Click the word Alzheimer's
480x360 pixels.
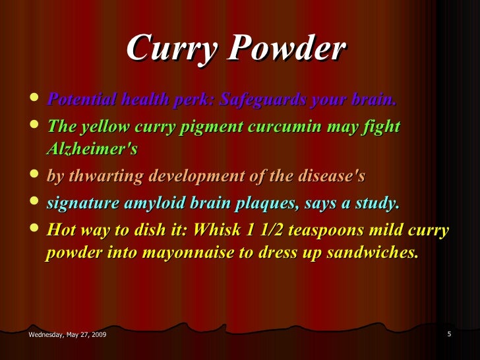92,150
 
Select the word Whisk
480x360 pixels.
219,230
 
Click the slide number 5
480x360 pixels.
449,334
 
